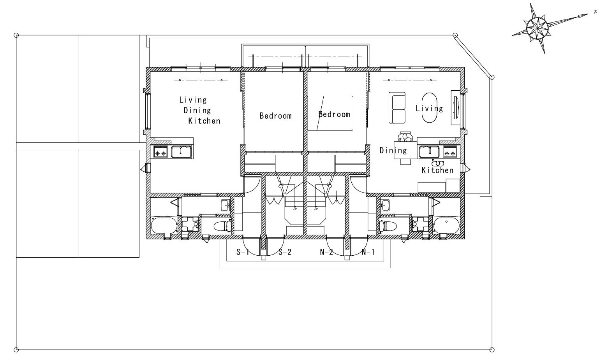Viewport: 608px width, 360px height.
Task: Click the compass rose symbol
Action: pyautogui.click(x=537, y=28)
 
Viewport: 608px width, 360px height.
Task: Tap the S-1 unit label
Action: pyautogui.click(x=243, y=252)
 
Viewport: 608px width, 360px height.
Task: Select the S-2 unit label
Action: pyautogui.click(x=285, y=252)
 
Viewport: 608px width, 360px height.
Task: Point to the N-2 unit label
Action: pyautogui.click(x=326, y=252)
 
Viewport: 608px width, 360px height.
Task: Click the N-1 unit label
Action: pyautogui.click(x=368, y=252)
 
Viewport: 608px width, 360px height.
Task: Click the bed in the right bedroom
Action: pyautogui.click(x=330, y=113)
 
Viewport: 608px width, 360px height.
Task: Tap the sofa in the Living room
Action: pyautogui.click(x=397, y=108)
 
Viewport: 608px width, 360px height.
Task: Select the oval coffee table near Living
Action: pyautogui.click(x=429, y=108)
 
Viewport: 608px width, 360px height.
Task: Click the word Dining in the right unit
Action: pyautogui.click(x=393, y=150)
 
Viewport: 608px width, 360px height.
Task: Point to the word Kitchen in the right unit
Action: pyautogui.click(x=437, y=170)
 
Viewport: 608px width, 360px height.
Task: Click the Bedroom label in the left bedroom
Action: pyautogui.click(x=275, y=116)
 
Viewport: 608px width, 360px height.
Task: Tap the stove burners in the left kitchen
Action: pyautogui.click(x=160, y=151)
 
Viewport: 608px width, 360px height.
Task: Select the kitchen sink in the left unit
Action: pyautogui.click(x=182, y=152)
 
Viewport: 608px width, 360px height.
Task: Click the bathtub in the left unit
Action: pyautogui.click(x=164, y=225)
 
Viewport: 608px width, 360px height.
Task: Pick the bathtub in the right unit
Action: pyautogui.click(x=446, y=225)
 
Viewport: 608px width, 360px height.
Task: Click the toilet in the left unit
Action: pyautogui.click(x=222, y=225)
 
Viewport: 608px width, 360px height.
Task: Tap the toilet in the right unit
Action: pyautogui.click(x=388, y=225)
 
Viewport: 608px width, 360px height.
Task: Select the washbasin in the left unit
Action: pyautogui.click(x=225, y=205)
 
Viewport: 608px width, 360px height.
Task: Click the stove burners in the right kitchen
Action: pyautogui.click(x=450, y=151)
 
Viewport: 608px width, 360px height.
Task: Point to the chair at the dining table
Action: pyautogui.click(x=405, y=137)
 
